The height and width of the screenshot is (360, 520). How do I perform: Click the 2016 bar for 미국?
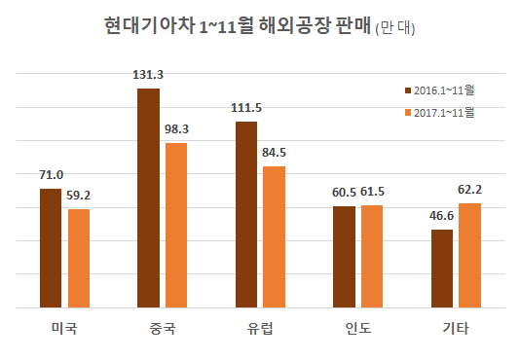click(52, 249)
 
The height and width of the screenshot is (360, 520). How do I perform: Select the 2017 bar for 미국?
click(79, 259)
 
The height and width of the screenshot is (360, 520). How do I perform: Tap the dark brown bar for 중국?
click(149, 198)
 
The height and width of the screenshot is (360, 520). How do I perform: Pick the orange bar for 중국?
click(176, 226)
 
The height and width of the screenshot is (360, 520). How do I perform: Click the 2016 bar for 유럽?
click(246, 215)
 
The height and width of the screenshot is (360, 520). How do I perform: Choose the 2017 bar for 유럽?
click(274, 237)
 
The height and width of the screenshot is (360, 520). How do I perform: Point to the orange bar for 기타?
click(469, 256)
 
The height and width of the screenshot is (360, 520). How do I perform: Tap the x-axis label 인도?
click(357, 328)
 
